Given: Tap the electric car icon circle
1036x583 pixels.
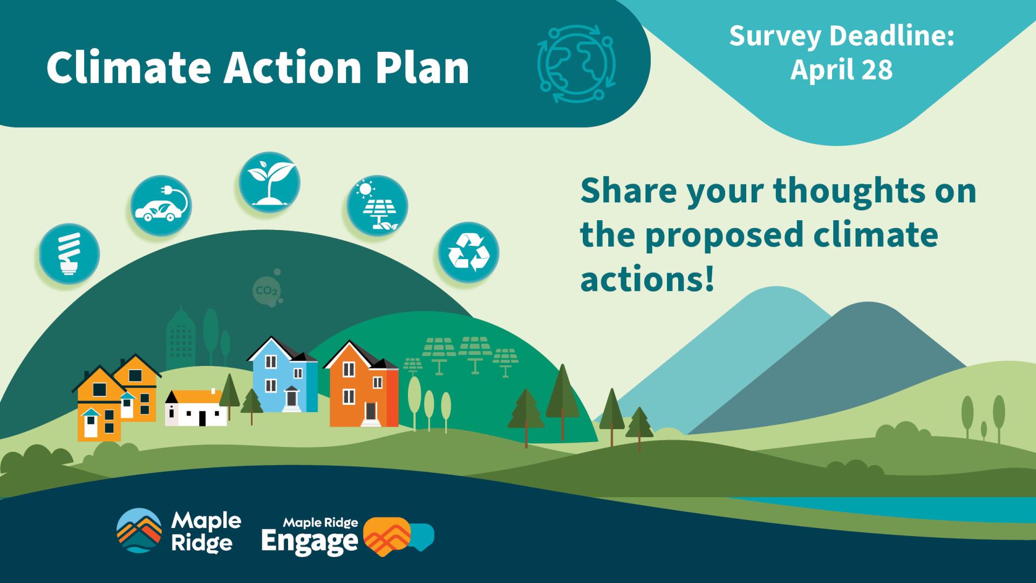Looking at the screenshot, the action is click(161, 206).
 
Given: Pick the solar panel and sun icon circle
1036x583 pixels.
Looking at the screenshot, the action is click(377, 206).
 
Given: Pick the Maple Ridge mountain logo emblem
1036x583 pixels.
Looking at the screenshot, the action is click(139, 531).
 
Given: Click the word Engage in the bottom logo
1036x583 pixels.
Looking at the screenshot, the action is click(309, 541).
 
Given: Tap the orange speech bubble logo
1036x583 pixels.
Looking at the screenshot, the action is click(387, 537).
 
